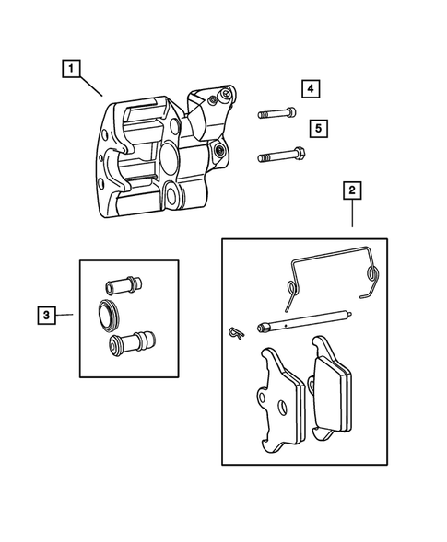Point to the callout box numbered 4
coord(311,88)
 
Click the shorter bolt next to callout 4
coord(274,113)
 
